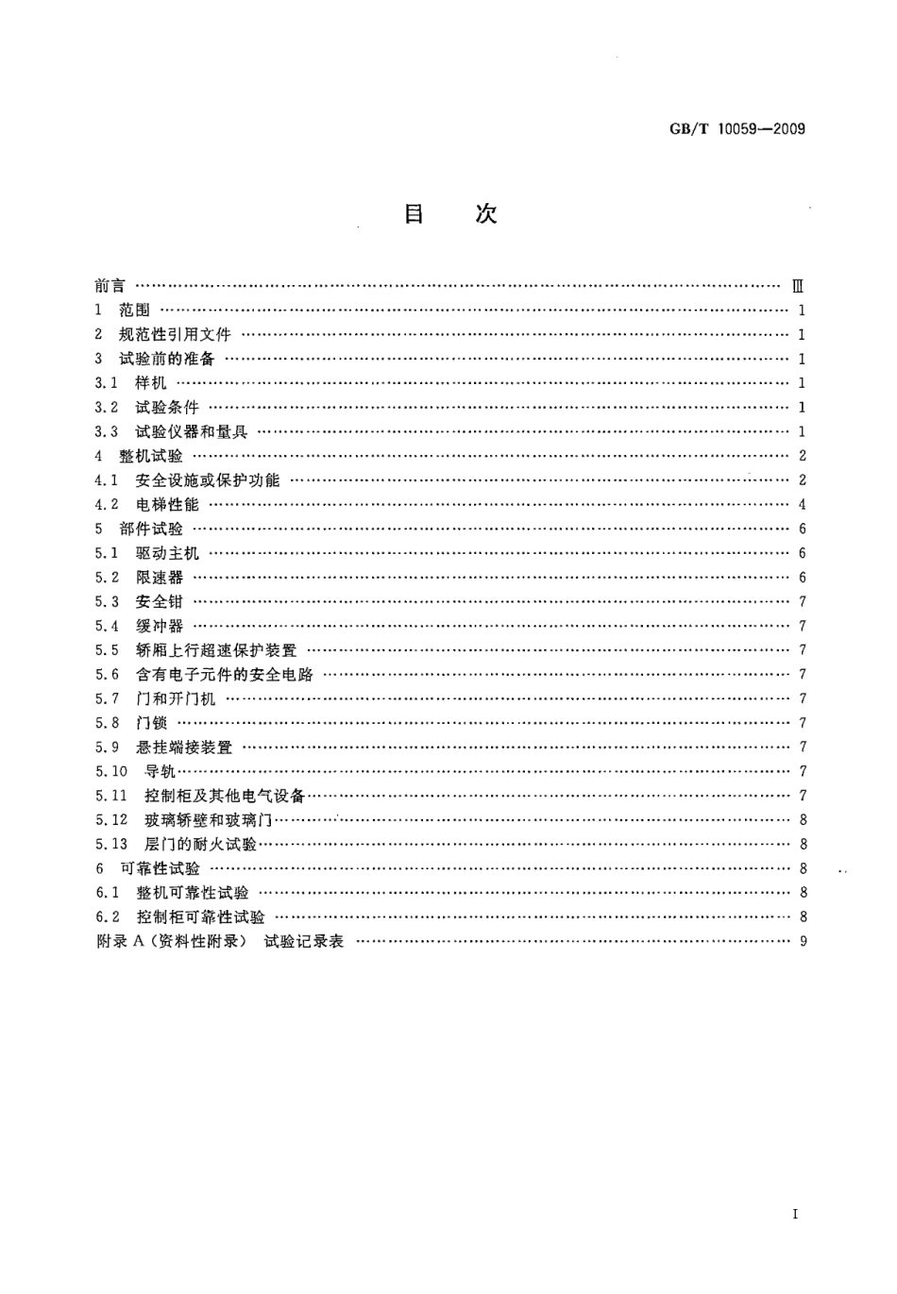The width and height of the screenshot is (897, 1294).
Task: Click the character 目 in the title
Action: (x=414, y=214)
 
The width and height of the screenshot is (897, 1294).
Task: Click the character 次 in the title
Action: (x=485, y=214)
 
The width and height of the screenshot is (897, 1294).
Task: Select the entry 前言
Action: (x=110, y=285)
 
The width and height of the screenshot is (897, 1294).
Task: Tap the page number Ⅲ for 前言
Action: (x=798, y=286)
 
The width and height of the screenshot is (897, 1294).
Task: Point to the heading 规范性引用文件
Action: (x=175, y=334)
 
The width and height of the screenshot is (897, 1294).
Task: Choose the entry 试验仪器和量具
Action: (x=191, y=431)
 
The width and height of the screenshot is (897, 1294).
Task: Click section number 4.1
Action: (x=106, y=480)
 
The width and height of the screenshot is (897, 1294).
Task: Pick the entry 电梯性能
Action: (x=167, y=505)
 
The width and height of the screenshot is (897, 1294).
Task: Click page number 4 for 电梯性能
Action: (x=802, y=505)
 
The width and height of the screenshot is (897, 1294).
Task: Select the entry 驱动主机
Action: (x=167, y=553)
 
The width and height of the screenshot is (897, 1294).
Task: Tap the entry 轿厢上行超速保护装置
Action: (x=215, y=650)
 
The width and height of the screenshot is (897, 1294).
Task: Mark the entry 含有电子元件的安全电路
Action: (x=224, y=675)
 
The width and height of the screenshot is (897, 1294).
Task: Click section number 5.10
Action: (x=110, y=772)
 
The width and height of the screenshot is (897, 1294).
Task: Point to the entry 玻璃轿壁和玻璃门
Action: (x=208, y=820)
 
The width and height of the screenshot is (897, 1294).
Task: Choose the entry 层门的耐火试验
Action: (x=200, y=845)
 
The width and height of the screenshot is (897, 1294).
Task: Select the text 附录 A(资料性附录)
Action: (x=171, y=942)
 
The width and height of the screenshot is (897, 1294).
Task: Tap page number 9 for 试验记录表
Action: (x=803, y=942)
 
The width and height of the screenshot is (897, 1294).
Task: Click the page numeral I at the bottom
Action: (x=795, y=1215)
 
